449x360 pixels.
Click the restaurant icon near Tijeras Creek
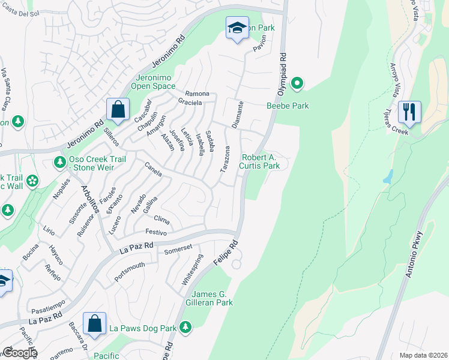tap(409, 112)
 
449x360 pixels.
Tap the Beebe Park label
tap(288, 106)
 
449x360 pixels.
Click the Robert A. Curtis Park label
tap(261, 161)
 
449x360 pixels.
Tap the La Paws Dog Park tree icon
tap(186, 327)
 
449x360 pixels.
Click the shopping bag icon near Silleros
tap(118, 110)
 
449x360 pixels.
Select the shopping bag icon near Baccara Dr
tap(95, 323)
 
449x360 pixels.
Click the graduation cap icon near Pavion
tap(237, 28)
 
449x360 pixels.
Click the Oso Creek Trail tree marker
tap(59, 162)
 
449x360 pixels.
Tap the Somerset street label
tap(178, 249)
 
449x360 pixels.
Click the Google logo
tap(19, 352)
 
